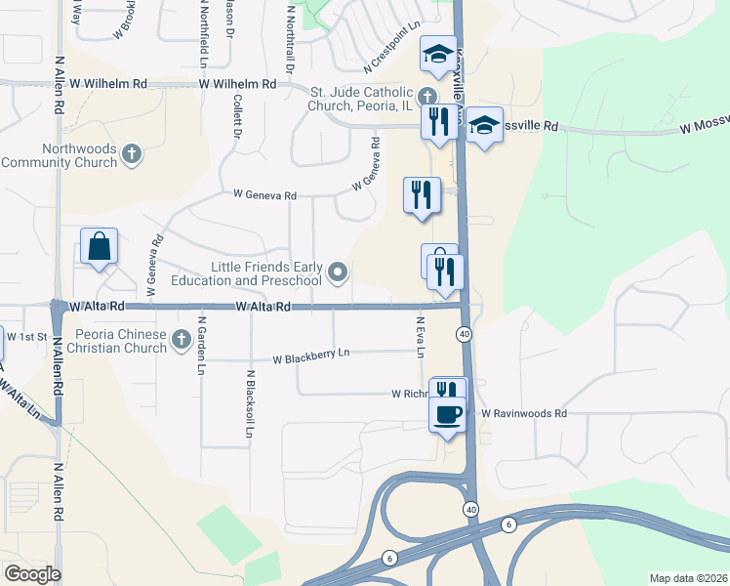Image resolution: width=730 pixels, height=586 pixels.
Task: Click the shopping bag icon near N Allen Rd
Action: [100, 248]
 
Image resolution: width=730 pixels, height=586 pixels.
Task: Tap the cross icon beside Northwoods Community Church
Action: [132, 153]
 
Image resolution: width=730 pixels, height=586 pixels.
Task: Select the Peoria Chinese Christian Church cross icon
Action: [181, 340]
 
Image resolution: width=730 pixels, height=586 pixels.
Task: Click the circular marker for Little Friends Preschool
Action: [338, 272]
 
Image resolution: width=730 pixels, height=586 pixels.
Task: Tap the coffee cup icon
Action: [448, 413]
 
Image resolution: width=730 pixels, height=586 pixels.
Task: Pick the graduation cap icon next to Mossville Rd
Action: [484, 126]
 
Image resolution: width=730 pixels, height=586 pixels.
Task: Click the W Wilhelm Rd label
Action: [237, 85]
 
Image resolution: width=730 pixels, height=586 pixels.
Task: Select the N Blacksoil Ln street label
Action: [251, 403]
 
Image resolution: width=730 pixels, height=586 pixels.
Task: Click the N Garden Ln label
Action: [202, 345]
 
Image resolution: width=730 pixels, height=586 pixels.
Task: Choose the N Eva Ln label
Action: [421, 336]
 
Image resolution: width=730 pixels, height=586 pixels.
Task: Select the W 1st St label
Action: [27, 336]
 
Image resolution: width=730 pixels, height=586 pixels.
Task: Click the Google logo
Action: [32, 574]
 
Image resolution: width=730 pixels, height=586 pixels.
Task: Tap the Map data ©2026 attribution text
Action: [687, 578]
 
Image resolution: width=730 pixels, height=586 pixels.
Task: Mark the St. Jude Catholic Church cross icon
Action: [426, 97]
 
